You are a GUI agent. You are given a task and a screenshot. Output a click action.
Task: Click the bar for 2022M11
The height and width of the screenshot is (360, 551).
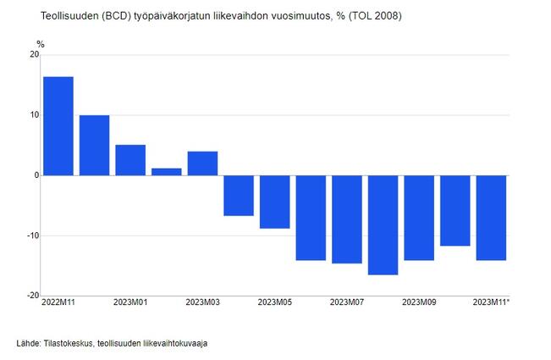[x=58, y=126]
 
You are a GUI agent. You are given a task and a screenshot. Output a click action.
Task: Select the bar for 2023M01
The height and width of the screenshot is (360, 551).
[x=130, y=160]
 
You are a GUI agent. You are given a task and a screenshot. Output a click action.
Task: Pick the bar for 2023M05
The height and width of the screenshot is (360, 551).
[x=274, y=202]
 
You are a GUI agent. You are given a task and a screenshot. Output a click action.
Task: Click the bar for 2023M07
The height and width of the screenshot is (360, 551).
[x=347, y=219]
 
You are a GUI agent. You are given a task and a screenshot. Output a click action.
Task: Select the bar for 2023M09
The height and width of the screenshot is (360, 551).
[x=419, y=218]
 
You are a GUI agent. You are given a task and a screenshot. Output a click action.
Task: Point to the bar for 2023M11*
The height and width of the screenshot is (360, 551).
[x=491, y=218]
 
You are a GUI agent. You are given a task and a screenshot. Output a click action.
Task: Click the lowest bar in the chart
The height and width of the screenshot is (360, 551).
[x=383, y=224]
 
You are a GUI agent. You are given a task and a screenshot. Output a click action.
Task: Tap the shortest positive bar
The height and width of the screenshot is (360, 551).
[x=166, y=172]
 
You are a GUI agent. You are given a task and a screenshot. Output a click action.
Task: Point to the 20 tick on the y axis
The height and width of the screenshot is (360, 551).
[x=34, y=55]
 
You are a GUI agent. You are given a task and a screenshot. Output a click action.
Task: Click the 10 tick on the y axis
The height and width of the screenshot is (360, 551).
[x=34, y=115]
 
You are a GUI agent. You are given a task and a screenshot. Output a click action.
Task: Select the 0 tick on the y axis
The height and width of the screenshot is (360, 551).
[x=36, y=175]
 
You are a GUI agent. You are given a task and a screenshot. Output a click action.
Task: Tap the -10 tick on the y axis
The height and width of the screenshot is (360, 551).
[x=32, y=235]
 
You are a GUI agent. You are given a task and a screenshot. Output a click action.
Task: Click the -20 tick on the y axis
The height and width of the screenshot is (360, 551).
[x=32, y=296]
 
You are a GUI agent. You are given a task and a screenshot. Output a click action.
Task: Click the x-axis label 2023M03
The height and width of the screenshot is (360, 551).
[x=202, y=302]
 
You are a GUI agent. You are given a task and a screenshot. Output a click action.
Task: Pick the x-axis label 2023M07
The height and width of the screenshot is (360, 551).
[x=347, y=302]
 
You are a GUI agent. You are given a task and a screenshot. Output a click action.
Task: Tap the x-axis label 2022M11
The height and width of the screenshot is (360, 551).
[x=58, y=302]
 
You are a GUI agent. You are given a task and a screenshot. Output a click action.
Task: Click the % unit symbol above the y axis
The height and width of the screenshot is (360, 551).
[x=40, y=44]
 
